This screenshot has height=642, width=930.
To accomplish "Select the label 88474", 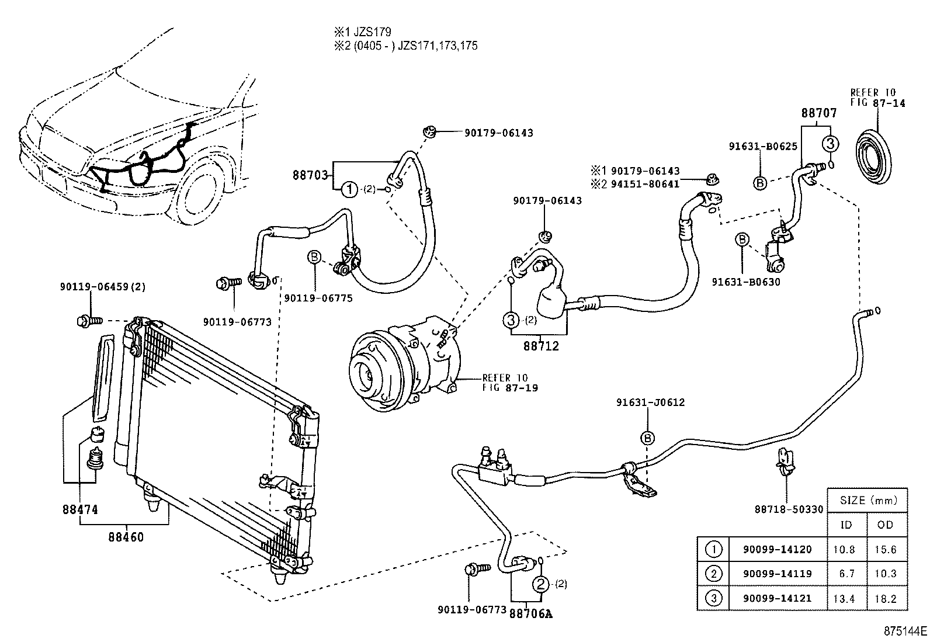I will [80, 509].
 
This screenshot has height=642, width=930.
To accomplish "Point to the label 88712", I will [540, 346].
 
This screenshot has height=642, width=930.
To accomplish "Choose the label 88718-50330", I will [789, 509].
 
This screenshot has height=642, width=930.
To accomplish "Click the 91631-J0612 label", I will [650, 402].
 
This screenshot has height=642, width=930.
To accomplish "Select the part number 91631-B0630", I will [746, 282].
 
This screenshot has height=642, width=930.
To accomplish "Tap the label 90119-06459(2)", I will [103, 287].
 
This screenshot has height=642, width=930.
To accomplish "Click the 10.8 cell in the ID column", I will [846, 549].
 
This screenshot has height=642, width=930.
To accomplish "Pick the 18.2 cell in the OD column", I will [886, 598].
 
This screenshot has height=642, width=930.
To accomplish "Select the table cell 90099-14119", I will [777, 574].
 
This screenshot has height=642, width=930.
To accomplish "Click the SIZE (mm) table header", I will [867, 500].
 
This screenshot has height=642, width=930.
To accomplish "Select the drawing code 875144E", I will [904, 631].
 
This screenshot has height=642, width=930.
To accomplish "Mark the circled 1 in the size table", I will [713, 549].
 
